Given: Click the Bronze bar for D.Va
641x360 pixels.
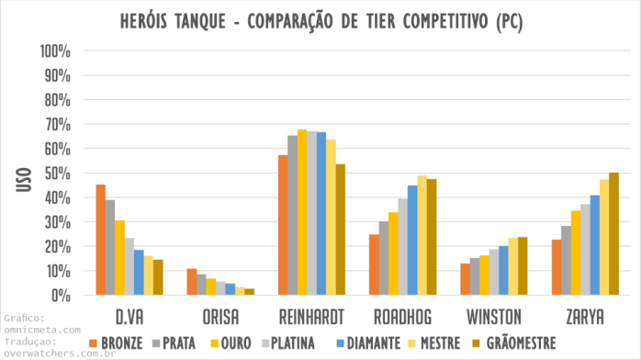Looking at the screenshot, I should pos(101,240).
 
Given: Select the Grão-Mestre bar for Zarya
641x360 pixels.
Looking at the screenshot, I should pos(613,234).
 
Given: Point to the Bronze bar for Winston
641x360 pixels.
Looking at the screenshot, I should pos(466,279).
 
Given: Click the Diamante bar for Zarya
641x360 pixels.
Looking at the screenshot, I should pos(595,245).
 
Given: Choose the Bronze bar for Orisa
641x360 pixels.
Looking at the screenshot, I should pos(192,282).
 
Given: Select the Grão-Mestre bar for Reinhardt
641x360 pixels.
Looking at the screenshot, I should pos(340,230).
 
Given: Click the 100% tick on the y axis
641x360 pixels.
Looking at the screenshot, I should pos(55,50).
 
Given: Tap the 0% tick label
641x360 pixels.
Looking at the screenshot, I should pos(61,296).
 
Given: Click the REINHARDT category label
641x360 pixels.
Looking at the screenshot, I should pos(311,317).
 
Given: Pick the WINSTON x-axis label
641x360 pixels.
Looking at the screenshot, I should pos(494,317).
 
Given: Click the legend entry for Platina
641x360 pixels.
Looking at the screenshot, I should pos(287,343).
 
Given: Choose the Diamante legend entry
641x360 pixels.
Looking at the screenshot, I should pos(374,343).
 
